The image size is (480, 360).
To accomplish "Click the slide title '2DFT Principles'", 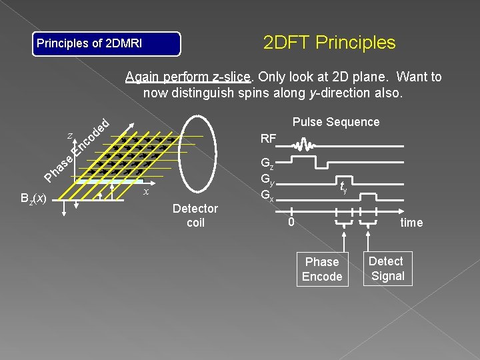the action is point(329,43).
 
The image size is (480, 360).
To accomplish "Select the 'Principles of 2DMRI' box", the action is point(107,44).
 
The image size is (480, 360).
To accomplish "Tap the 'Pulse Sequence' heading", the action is point(336,122).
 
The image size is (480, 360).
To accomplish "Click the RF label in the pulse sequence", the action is point(269,139).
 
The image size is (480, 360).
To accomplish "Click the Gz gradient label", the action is point(267,163).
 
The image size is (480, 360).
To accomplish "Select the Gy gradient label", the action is point(267,179).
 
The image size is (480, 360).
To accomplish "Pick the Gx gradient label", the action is point(267,195).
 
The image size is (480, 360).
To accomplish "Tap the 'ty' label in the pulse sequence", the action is point(343,187).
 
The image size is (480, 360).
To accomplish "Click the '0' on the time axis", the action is point(291,221).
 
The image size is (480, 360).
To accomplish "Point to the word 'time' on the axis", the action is point(411,223).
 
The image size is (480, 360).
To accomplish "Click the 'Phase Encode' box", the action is point(322,269).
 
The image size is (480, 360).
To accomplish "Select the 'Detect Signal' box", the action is point(387,269).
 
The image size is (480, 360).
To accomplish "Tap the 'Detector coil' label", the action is point(195,216).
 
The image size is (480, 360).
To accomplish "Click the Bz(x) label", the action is point(33,199).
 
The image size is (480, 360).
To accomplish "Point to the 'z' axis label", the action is point(70,135).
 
